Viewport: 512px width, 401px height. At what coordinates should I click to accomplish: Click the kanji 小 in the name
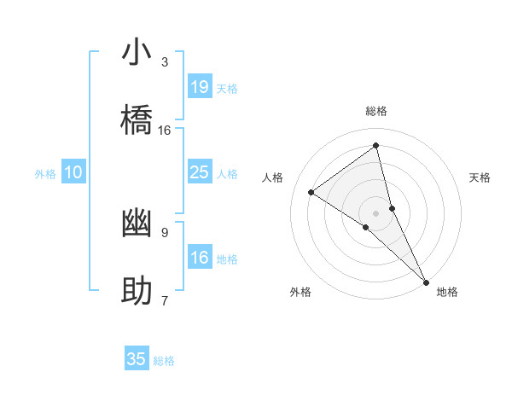click(x=137, y=53)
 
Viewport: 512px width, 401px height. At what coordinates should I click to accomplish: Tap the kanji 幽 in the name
click(x=137, y=224)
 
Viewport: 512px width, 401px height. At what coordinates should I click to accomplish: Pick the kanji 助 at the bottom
click(x=137, y=291)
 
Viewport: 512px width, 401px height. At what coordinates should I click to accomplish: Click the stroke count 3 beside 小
click(x=165, y=62)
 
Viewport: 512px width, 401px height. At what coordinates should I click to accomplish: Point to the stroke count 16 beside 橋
click(x=165, y=130)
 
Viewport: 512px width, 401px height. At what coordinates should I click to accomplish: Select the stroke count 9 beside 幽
click(x=165, y=232)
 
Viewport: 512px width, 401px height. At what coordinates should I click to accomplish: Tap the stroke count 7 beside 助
click(x=165, y=300)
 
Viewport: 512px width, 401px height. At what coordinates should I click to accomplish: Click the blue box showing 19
click(x=199, y=87)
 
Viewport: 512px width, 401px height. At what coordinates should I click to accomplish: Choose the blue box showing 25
click(x=199, y=172)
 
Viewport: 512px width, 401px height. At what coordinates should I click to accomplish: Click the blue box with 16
click(x=199, y=258)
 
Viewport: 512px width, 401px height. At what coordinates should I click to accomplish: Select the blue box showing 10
click(x=73, y=172)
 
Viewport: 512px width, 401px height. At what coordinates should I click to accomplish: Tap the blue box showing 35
click(x=137, y=359)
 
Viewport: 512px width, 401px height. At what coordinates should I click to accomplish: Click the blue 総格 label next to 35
click(x=164, y=361)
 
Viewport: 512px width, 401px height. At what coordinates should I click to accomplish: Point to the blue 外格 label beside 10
click(x=45, y=174)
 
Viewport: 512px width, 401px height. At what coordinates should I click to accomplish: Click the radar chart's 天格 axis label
click(x=480, y=177)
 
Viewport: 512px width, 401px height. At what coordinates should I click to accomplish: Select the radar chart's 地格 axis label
click(x=447, y=292)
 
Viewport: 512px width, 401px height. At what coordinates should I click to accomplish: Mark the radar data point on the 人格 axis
click(x=311, y=192)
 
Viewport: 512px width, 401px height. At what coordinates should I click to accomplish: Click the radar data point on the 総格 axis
click(x=376, y=145)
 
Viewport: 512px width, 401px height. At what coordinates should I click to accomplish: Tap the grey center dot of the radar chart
click(x=375, y=212)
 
